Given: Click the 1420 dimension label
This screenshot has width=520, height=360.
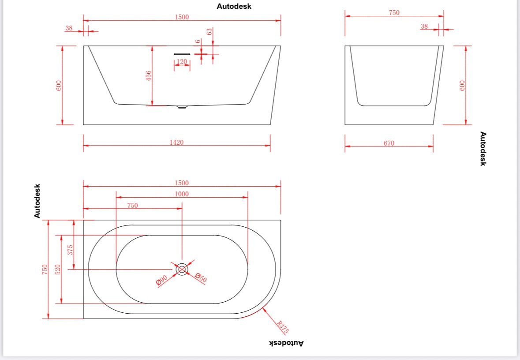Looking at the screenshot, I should point(176,142).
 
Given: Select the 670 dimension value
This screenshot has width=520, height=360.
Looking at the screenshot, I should point(389,143).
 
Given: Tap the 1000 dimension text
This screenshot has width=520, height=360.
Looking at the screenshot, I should point(181,194).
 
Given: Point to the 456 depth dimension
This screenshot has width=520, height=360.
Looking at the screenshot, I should point(149,75).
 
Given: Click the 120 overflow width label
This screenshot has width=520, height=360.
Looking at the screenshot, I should point(182,62).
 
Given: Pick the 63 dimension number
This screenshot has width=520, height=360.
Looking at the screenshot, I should point(209,32).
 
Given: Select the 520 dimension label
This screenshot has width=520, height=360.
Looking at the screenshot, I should point(58,270).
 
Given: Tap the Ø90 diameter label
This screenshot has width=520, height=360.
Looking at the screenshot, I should point(161,281).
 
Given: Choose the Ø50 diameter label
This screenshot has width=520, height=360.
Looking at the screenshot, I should point(201,278).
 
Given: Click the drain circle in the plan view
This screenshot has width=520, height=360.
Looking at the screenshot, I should point(182,269).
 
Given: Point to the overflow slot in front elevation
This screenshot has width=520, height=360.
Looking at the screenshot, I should point(181,54).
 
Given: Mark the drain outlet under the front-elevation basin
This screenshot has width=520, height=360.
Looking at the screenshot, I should point(182,107).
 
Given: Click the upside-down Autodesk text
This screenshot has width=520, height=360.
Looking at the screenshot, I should point(286,343).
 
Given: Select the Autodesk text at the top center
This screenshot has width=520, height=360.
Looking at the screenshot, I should point(234,7).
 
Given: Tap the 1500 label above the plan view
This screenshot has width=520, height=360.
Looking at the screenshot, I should point(181,183).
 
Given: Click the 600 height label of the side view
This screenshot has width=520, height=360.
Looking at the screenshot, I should point(462,85).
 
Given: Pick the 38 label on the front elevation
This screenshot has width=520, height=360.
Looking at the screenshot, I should point(69,28).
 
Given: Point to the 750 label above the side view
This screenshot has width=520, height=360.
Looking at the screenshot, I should point(394,13).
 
